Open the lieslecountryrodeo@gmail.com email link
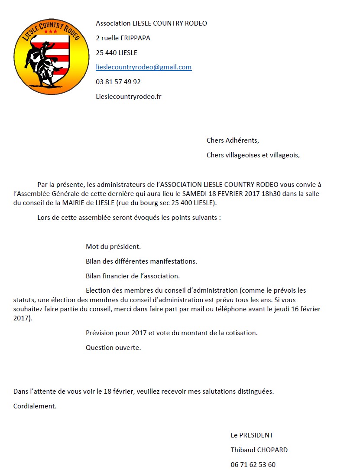tap(143, 67)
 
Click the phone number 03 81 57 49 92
tap(118, 82)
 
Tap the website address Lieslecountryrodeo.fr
tap(128, 96)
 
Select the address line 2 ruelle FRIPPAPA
tap(123, 38)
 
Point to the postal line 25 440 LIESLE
tap(116, 52)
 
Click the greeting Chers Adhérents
tap(233, 140)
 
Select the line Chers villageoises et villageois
tap(253, 155)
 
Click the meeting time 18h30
tap(271, 193)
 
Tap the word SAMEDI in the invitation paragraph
tap(194, 193)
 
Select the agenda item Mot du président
tap(113, 247)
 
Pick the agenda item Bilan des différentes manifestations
tap(141, 261)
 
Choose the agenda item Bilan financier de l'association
tap(133, 276)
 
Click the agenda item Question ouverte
tap(113, 347)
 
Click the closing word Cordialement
tap(35, 406)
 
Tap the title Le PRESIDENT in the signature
tap(252, 435)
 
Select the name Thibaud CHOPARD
tap(259, 450)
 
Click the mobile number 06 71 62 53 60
tap(253, 464)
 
